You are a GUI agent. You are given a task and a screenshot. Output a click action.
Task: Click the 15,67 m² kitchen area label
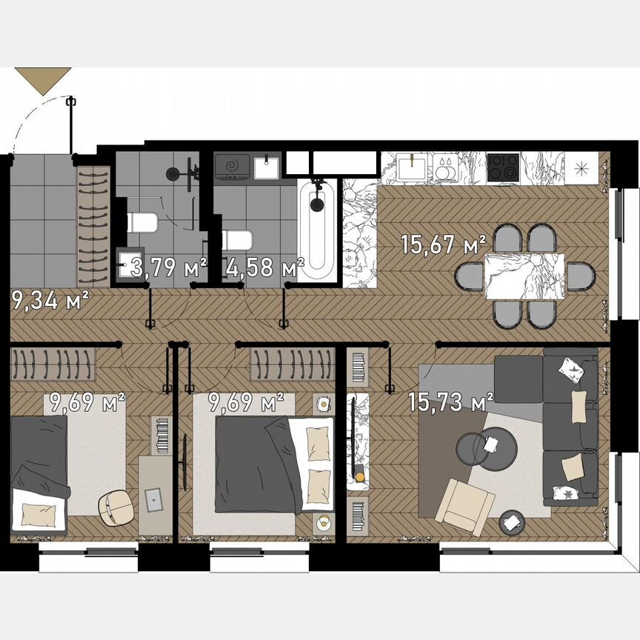click(x=443, y=244)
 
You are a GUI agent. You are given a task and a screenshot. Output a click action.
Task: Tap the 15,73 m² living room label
click(x=450, y=403)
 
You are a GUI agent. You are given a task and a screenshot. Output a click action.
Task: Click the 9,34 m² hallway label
click(x=50, y=300)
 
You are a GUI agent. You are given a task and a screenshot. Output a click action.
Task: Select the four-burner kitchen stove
click(x=504, y=167)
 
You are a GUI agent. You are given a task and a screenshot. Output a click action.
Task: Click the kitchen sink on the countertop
click(x=411, y=167)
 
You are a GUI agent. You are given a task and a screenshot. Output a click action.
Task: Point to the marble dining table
click(x=524, y=276)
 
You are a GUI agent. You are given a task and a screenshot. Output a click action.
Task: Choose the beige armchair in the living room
click(x=464, y=504)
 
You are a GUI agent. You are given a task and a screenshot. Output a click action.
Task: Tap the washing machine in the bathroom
click(x=232, y=167)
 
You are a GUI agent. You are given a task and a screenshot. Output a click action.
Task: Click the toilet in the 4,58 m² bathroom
click(x=238, y=239)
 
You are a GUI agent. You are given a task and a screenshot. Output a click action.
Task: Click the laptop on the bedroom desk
click(x=155, y=498)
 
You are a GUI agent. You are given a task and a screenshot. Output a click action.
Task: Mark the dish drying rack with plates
click(x=445, y=167)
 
